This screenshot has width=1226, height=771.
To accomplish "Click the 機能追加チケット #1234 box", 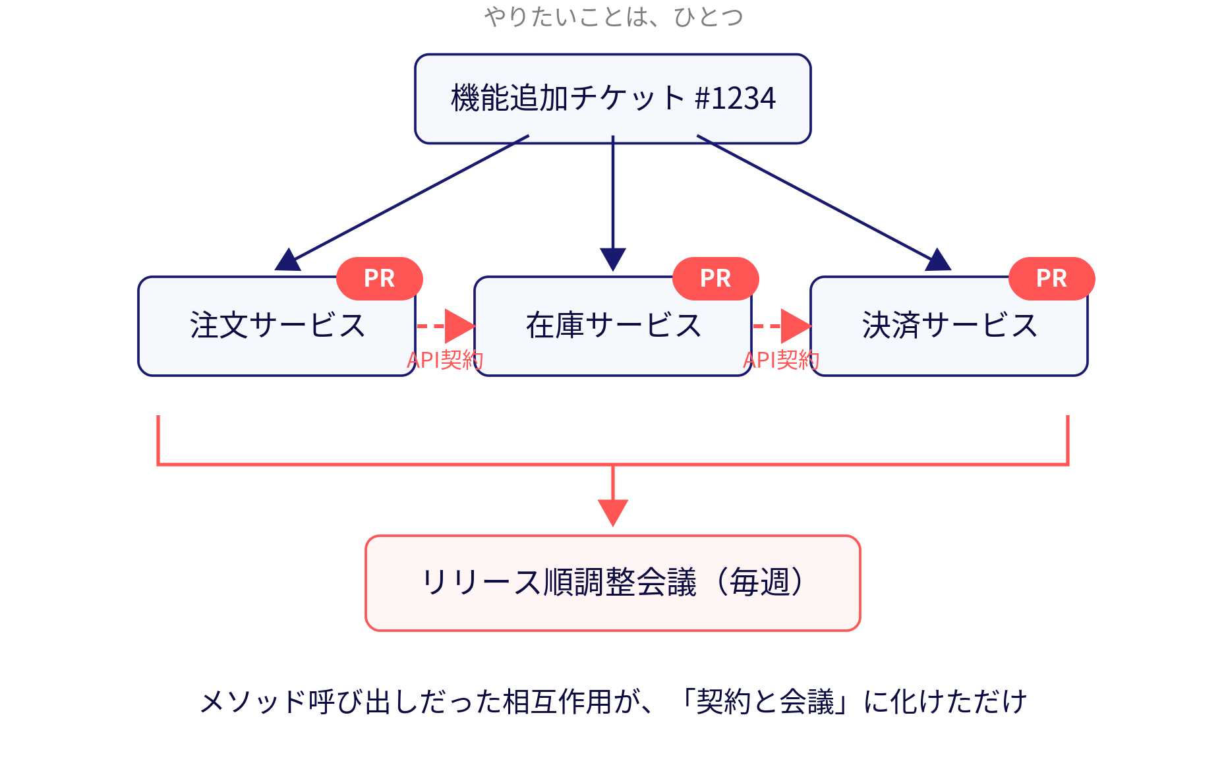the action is [x=613, y=99].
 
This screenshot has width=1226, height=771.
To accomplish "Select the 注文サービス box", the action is [x=277, y=326].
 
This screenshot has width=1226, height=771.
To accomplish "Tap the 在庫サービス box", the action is [x=613, y=326].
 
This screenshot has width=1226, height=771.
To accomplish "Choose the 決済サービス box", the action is [x=949, y=326].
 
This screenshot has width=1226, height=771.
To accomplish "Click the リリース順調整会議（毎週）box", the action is [x=613, y=583].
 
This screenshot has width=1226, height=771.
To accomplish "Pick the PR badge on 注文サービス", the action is [x=380, y=279].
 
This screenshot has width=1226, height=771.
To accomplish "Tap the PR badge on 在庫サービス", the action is [x=716, y=279].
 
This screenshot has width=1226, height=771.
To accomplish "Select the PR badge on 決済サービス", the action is [x=1052, y=279].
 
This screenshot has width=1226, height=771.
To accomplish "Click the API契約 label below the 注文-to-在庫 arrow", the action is [x=446, y=360].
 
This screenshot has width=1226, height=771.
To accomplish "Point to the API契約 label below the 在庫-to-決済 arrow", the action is [x=782, y=360].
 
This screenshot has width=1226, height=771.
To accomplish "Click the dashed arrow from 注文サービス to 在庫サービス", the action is [x=446, y=326].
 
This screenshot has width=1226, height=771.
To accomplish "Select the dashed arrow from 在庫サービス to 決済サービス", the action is [x=782, y=326].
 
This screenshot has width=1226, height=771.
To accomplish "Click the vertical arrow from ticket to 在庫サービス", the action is [x=613, y=203].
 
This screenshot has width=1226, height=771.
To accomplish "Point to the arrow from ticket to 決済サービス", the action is [x=824, y=203].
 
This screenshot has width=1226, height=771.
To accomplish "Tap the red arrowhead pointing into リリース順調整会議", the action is [x=613, y=512].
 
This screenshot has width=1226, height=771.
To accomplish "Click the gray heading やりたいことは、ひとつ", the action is [x=614, y=16].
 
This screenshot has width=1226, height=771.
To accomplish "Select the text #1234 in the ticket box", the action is [x=736, y=98].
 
